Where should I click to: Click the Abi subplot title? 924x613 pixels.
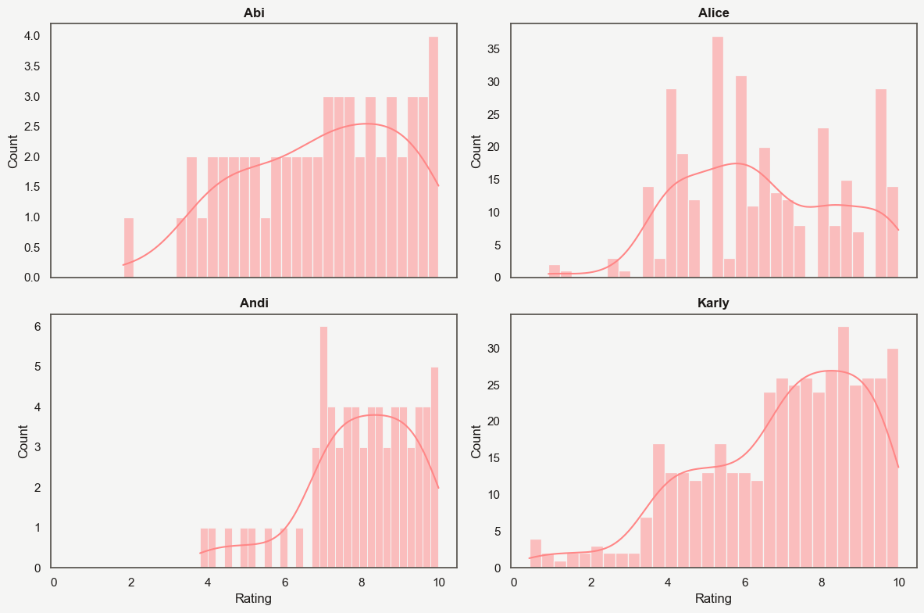[x=254, y=13]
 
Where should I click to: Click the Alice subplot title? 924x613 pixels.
[x=713, y=13]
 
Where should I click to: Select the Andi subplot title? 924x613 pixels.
[x=254, y=303]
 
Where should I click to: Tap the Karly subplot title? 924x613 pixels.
[x=713, y=303]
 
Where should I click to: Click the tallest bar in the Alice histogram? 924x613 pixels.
[x=717, y=156]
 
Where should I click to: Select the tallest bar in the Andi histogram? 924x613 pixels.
[x=323, y=446]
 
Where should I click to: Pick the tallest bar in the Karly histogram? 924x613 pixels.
[x=843, y=446]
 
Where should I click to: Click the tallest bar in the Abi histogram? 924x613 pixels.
[x=433, y=156]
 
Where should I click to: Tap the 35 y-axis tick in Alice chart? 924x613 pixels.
[x=494, y=49]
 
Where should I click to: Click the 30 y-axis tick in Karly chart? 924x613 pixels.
[x=494, y=349]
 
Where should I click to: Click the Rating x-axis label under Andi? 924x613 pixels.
[x=254, y=600]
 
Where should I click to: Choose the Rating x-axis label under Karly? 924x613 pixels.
[x=713, y=600]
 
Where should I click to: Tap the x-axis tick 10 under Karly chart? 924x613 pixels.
[x=898, y=582]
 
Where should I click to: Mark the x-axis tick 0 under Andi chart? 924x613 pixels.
[x=53, y=582]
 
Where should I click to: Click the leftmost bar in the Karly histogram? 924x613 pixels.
[x=535, y=553]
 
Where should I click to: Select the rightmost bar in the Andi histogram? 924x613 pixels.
[x=434, y=468]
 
